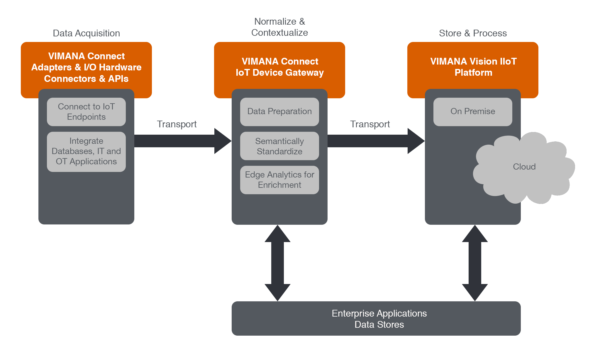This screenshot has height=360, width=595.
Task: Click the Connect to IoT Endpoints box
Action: (86, 112)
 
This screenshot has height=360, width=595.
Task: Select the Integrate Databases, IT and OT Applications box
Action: (86, 151)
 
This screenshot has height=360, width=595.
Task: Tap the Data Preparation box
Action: (279, 111)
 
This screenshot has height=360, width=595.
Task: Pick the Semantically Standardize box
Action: (279, 146)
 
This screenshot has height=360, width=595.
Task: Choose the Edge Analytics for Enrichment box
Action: (279, 180)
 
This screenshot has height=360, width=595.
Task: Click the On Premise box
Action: (473, 111)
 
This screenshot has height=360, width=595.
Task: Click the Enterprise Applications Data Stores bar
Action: (376, 319)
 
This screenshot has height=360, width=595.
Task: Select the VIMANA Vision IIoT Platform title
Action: (473, 67)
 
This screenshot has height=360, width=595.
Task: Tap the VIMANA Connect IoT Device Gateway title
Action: (279, 67)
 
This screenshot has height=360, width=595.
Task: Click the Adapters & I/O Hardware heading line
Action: (86, 67)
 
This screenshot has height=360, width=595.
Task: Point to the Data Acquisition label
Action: (86, 33)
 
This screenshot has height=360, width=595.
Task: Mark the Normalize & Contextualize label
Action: (279, 27)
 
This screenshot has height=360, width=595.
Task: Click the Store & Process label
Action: (473, 33)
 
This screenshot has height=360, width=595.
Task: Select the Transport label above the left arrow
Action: (177, 124)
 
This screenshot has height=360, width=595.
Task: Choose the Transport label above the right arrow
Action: (370, 124)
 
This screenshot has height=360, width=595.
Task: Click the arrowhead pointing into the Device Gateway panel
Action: (222, 141)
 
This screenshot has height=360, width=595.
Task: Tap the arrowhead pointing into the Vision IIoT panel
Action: (415, 141)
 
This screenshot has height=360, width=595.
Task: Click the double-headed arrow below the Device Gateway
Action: (277, 263)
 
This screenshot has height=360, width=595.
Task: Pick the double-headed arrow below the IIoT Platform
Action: (475, 263)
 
